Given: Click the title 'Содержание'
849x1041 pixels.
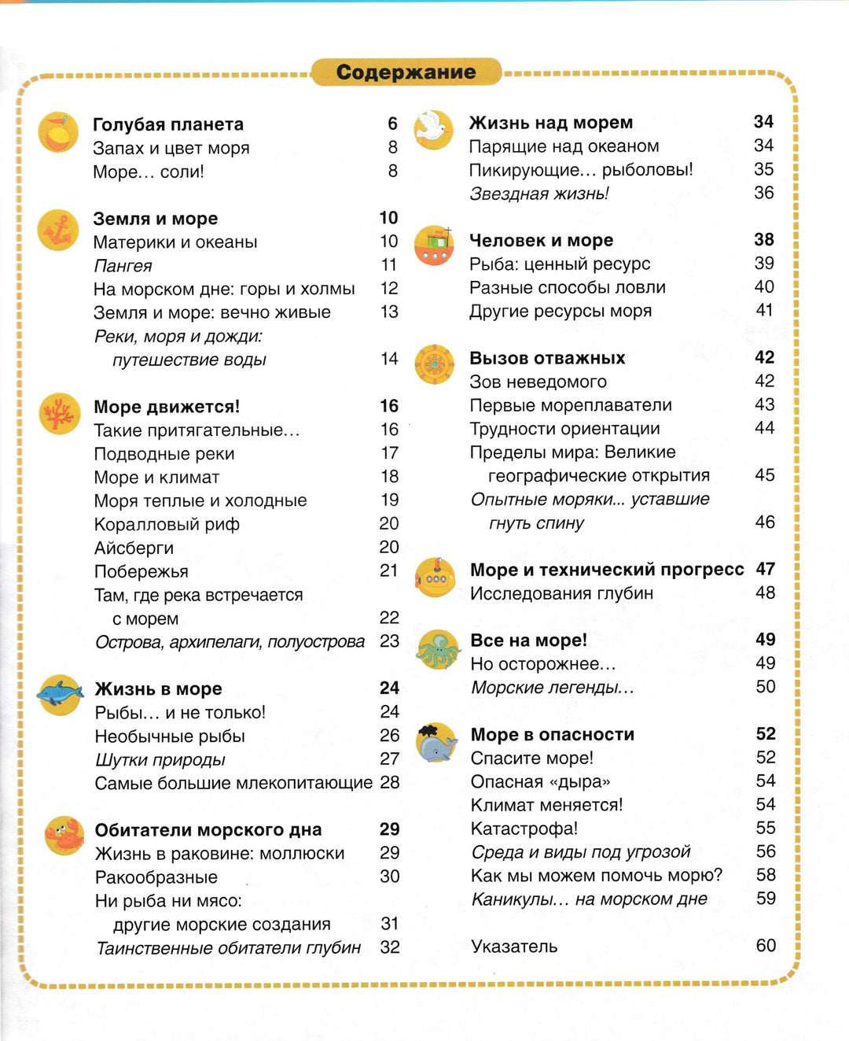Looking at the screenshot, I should click(406, 72).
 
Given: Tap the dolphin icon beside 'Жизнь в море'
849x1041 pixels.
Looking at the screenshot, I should click(61, 694).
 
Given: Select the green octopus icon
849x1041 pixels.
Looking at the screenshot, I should click(438, 650).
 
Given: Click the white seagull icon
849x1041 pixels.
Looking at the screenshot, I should click(433, 129).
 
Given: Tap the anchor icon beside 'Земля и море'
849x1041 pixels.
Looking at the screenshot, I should click(59, 231).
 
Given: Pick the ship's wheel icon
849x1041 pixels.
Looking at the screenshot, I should click(435, 364).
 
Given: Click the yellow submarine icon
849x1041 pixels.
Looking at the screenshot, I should click(436, 578).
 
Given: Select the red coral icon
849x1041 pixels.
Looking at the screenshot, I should click(60, 413).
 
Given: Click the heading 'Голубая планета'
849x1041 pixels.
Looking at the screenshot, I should click(168, 124).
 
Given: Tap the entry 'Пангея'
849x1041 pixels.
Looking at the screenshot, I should click(123, 266).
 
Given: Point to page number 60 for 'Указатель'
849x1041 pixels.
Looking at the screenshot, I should click(766, 945).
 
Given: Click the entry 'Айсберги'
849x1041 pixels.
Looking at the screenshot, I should click(134, 548).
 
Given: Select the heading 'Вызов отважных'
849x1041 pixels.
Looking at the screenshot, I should click(547, 358).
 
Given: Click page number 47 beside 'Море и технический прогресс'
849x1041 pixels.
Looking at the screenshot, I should click(766, 569).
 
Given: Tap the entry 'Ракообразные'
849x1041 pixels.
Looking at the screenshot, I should click(156, 877).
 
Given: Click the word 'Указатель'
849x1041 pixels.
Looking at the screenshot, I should click(514, 946).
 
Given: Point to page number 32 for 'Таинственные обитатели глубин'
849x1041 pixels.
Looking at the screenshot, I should click(389, 947).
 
